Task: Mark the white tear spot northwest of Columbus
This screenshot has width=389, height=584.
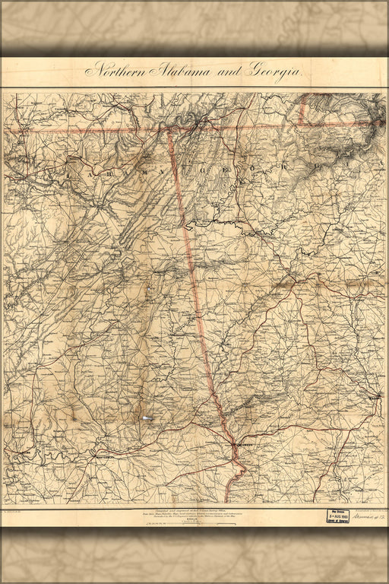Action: click(x=147, y=417)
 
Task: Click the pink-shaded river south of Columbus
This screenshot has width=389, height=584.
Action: click(x=238, y=475)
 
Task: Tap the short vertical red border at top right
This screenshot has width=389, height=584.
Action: click(x=304, y=110)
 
